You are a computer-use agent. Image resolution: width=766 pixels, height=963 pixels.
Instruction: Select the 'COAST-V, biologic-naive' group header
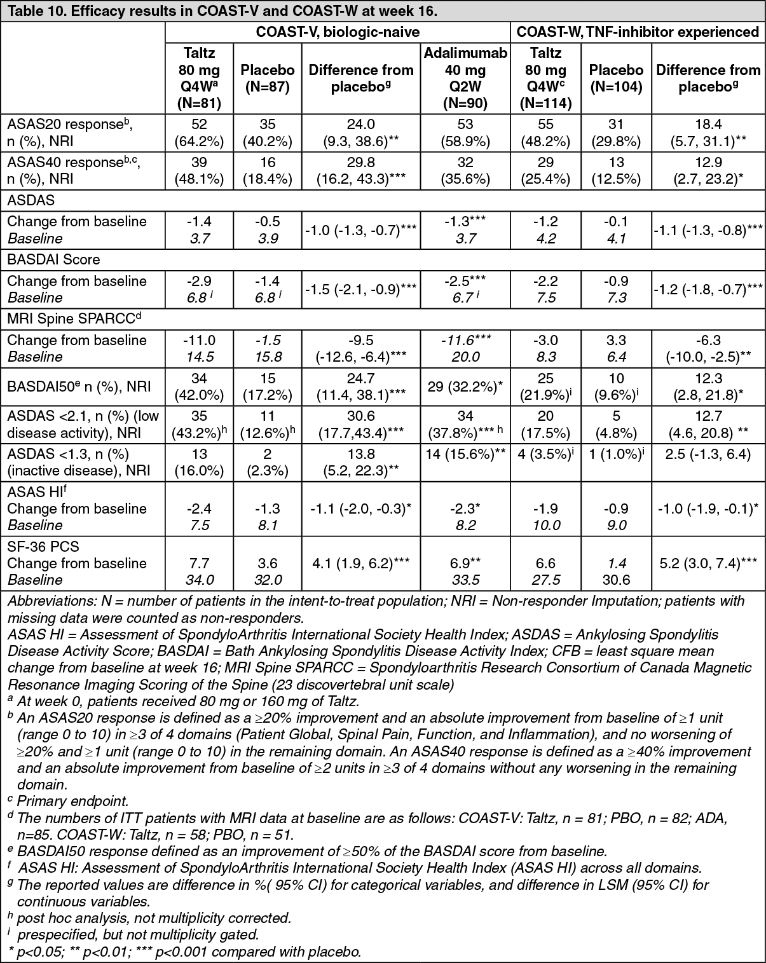(x=338, y=32)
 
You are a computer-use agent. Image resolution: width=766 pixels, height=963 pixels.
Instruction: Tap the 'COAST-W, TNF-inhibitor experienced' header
(x=638, y=32)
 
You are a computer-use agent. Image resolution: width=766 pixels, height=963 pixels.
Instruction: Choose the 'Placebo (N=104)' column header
(x=615, y=78)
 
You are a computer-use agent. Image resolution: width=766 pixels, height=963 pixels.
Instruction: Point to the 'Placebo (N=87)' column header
(x=268, y=78)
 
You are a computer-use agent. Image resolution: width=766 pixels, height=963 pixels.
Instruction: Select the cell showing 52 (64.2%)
(x=199, y=132)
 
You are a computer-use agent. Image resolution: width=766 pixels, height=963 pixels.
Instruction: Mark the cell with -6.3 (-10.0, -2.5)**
(x=708, y=348)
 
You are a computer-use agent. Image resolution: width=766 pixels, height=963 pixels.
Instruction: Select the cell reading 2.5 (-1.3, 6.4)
(x=708, y=454)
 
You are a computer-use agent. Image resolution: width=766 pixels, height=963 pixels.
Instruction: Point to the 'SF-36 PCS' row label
(x=43, y=547)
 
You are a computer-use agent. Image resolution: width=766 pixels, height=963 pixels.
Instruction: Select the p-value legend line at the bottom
(x=184, y=951)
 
